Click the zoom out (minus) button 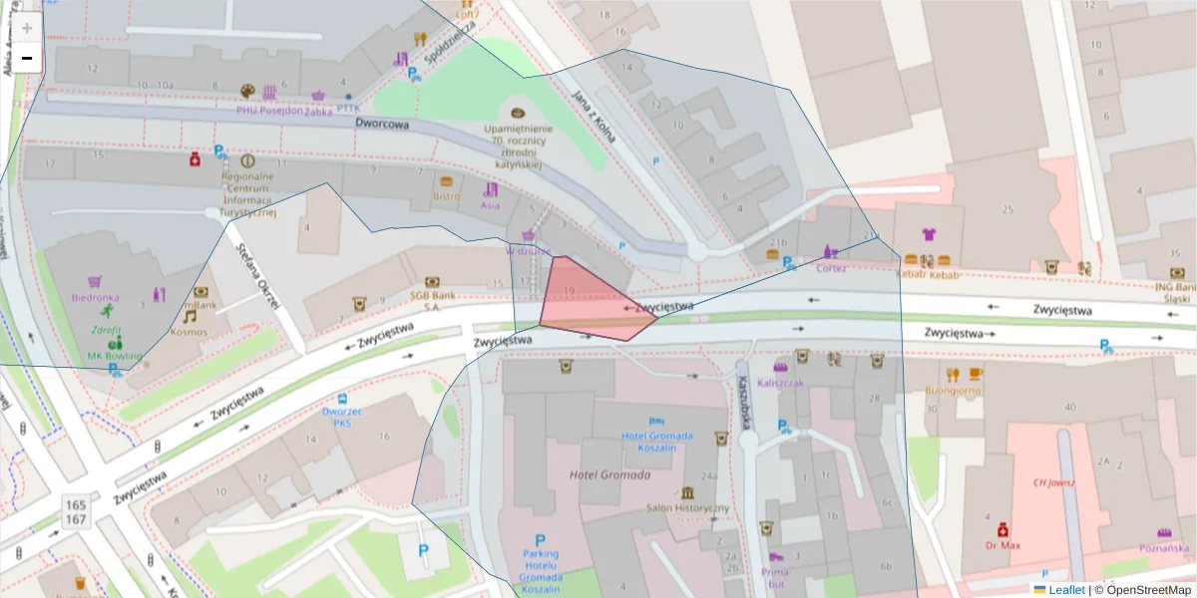[x=27, y=58]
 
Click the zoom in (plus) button [x=27, y=28]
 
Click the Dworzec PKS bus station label [x=343, y=416]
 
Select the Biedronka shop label [x=95, y=297]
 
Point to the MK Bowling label [x=115, y=356]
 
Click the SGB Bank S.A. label [x=432, y=300]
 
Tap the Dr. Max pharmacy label [x=1002, y=545]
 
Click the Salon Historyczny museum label [x=687, y=507]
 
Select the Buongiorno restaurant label [x=953, y=391]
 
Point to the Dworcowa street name [x=382, y=125]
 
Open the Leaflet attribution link [x=1065, y=590]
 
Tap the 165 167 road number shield [x=76, y=513]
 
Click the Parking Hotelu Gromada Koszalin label [x=541, y=566]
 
